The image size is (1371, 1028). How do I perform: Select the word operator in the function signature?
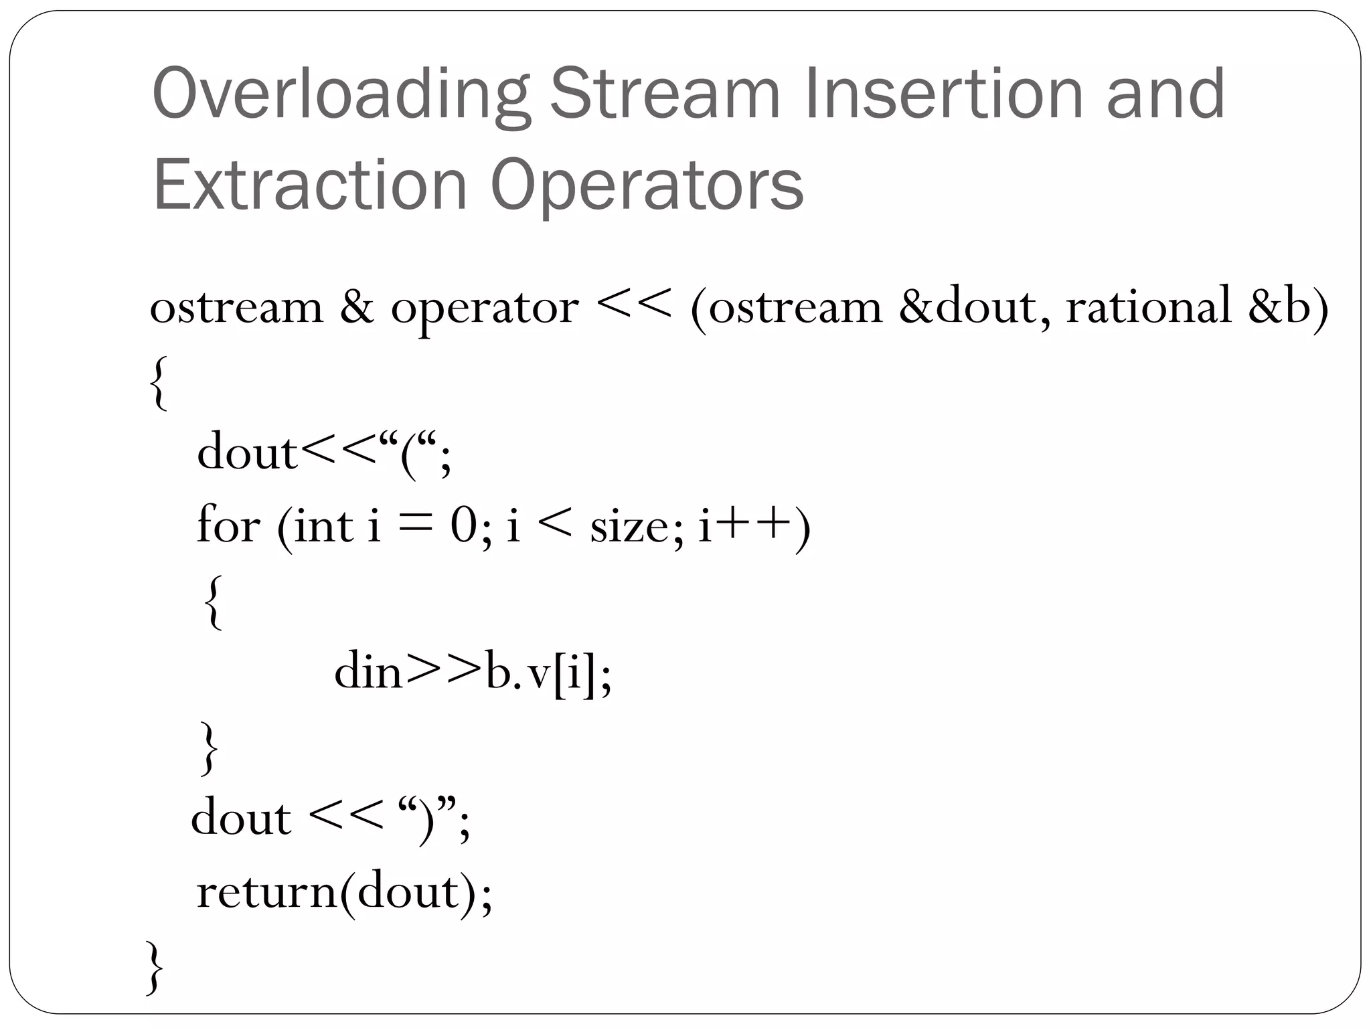click(485, 309)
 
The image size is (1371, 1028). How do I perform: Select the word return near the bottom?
click(267, 892)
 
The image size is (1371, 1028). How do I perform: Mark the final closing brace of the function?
click(154, 967)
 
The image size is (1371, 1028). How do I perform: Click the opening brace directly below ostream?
click(158, 383)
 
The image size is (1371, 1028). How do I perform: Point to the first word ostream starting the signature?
click(236, 309)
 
